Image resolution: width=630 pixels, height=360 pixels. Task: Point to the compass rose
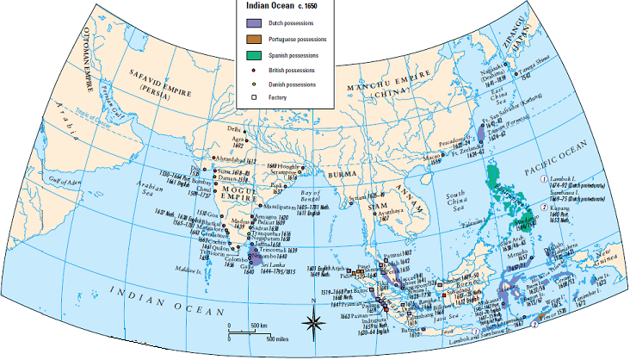coord(314,325)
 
